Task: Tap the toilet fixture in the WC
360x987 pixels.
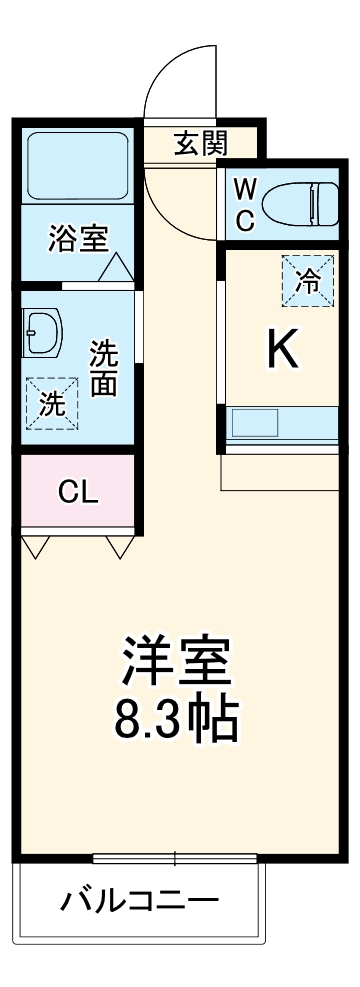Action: tap(309, 204)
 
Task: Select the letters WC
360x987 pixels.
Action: tap(245, 204)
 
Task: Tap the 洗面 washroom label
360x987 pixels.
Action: tap(103, 367)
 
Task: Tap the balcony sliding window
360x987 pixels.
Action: tap(175, 858)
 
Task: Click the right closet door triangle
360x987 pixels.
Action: tap(120, 546)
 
